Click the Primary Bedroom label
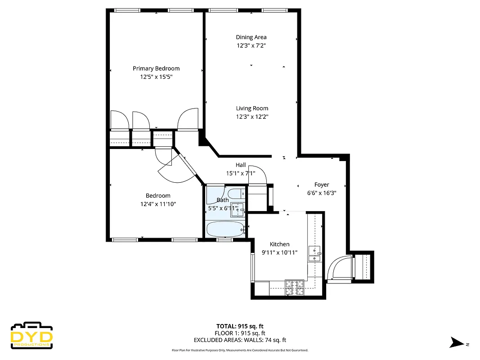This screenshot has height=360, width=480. coord(156,68)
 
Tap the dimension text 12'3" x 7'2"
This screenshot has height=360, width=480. coord(251,45)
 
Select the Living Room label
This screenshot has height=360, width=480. coord(252,108)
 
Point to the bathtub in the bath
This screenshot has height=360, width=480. coord(225,229)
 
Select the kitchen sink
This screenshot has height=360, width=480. coord(314,254)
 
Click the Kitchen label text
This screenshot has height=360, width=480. coord(279,244)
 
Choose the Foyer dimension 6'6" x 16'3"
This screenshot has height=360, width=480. coord(321,193)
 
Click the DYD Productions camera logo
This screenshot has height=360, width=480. coord(31,336)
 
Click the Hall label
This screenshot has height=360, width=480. coord(241,165)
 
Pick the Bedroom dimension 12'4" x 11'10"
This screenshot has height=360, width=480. coord(158,204)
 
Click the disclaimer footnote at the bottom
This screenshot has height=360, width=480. coord(240,350)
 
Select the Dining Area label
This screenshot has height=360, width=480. coord(251,37)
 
